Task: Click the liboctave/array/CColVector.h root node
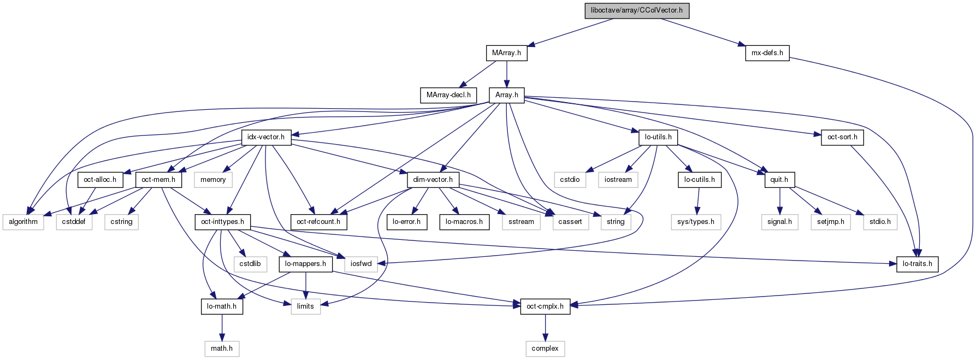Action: [x=636, y=10]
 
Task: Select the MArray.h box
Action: [x=506, y=53]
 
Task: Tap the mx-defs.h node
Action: [x=767, y=53]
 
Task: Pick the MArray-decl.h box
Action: [x=448, y=95]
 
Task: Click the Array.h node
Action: [x=506, y=95]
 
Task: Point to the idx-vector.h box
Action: [x=266, y=137]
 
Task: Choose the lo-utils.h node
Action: [x=658, y=137]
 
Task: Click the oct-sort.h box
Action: [x=842, y=137]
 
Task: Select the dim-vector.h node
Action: [x=433, y=179]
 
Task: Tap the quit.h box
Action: [x=779, y=179]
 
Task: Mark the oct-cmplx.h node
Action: [x=545, y=306]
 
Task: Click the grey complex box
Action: [x=545, y=349]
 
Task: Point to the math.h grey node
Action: [x=222, y=349]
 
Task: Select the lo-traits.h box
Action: [x=917, y=264]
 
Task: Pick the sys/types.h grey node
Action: [x=695, y=222]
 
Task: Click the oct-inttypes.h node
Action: [x=222, y=222]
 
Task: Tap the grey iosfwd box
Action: [x=360, y=264]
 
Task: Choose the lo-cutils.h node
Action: [x=699, y=179]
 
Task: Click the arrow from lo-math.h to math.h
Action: [x=222, y=327]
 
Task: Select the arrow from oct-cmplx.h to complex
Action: [x=545, y=327]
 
